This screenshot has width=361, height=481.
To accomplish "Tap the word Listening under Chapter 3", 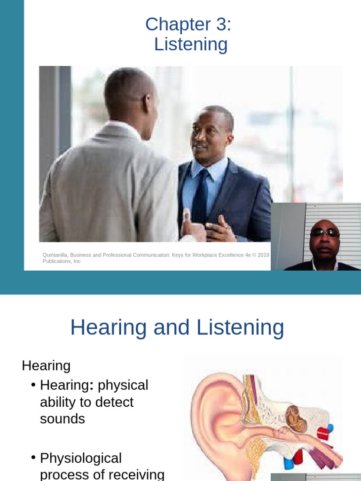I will pyautogui.click(x=191, y=45).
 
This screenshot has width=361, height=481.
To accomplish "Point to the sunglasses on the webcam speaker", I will pyautogui.click(x=324, y=232).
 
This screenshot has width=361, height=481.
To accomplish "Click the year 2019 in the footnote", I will pyautogui.click(x=264, y=255).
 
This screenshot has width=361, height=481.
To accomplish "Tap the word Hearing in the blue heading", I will pyautogui.click(x=109, y=327).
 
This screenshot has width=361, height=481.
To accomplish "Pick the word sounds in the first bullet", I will pyautogui.click(x=63, y=419).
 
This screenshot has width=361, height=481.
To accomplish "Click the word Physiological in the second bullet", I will pyautogui.click(x=81, y=458).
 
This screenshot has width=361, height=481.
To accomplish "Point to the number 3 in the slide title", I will pyautogui.click(x=221, y=24).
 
